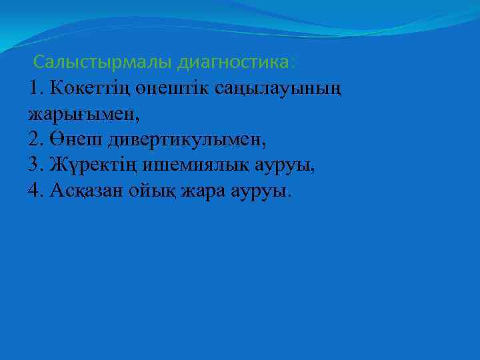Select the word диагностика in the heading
point(233,63)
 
